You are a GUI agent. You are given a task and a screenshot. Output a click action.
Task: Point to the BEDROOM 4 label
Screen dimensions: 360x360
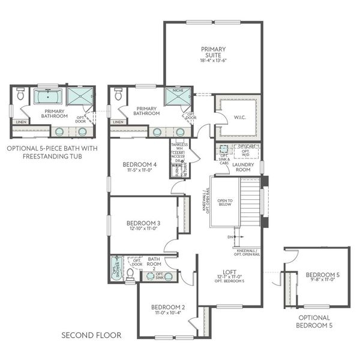pos(140,164)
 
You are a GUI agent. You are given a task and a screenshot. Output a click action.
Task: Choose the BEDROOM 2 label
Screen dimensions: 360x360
pos(167,307)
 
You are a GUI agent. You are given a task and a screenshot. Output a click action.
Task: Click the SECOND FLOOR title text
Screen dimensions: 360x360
pos(91,335)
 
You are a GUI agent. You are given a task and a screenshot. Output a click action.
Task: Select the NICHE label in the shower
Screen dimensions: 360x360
pos(178,91)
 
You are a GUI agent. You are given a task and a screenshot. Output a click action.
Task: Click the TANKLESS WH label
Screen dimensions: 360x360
pos(180,147)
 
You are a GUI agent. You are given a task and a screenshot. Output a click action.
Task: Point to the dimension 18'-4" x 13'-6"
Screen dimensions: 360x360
pos(213,61)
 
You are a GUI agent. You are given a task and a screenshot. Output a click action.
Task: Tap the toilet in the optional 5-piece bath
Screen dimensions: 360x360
pos(20,94)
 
